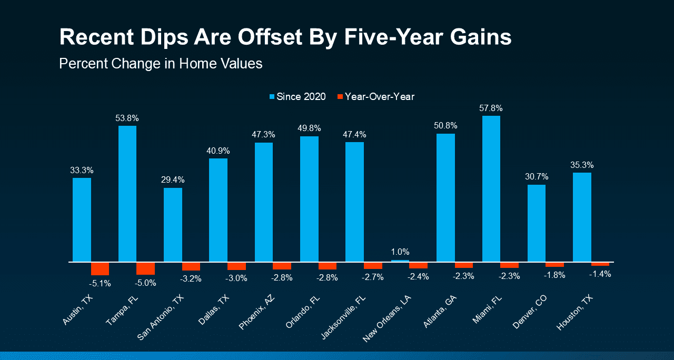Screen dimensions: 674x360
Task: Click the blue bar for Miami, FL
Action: coord(491,189)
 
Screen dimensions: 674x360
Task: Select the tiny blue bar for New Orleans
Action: coord(400,261)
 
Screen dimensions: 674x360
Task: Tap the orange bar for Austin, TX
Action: coord(100,268)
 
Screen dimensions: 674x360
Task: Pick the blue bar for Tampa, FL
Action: coord(127,194)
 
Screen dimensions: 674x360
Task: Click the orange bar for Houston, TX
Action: coord(600,264)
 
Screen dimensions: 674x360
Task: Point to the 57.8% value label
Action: coord(491,108)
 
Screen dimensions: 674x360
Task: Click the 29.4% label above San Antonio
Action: coord(173,180)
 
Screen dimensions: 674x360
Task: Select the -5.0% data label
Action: coord(145,283)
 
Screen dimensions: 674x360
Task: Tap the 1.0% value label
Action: coord(400,252)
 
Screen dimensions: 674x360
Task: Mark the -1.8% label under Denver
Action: coord(554,275)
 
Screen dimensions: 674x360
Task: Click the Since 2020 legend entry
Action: coord(298,96)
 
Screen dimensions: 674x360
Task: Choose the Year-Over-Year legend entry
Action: coord(376,96)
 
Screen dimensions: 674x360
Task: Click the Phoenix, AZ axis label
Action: coord(256,312)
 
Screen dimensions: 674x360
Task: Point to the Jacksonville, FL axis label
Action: coord(343,317)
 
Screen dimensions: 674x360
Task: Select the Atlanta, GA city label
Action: coord(440,311)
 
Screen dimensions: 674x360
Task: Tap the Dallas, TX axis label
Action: coord(214,310)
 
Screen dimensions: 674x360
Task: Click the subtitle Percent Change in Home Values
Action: coord(161,64)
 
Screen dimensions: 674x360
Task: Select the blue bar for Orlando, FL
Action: coord(309,199)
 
